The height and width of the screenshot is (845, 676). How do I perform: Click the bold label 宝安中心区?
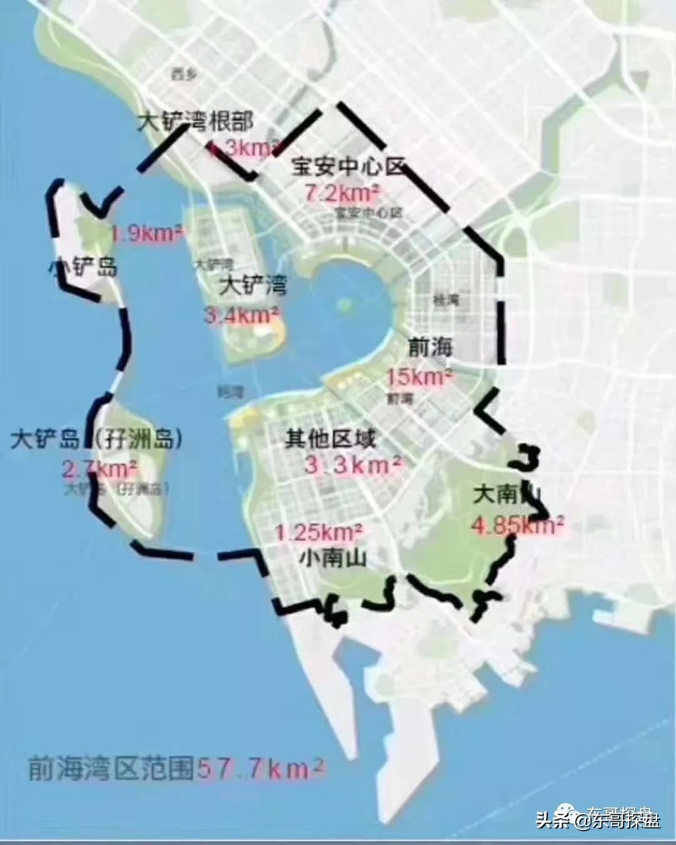[349, 167]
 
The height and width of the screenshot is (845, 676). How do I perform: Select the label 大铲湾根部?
[195, 121]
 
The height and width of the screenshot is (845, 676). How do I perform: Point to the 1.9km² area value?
[148, 234]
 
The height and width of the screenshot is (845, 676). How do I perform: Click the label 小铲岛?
[83, 268]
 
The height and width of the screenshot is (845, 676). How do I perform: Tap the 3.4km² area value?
[242, 315]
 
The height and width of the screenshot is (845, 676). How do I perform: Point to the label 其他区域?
[330, 439]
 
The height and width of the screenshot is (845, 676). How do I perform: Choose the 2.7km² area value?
[100, 468]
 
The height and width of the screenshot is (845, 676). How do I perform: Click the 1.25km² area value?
[319, 533]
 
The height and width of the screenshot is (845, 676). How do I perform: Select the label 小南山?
[332, 557]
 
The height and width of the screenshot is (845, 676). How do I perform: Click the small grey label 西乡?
[183, 74]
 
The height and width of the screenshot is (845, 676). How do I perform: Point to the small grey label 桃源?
[446, 300]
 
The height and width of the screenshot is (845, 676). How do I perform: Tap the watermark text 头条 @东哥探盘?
[598, 819]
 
